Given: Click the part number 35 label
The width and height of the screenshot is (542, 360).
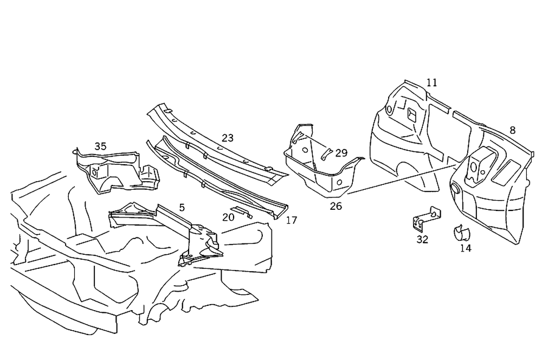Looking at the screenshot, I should [100, 146].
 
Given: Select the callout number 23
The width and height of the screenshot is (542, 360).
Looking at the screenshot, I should [228, 138].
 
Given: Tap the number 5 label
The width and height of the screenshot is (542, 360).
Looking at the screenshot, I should [182, 207].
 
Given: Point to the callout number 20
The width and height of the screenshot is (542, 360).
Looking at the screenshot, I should [228, 217].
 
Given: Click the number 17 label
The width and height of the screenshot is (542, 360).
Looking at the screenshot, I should [292, 220].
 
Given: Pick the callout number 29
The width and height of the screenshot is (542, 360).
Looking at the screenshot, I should [341, 153].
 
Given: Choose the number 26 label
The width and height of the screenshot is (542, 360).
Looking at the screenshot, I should [336, 206].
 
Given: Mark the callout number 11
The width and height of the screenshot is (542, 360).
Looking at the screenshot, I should [431, 82].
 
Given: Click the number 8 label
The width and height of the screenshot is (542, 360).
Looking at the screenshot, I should [512, 130].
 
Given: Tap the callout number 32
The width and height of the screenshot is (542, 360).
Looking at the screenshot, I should [422, 239].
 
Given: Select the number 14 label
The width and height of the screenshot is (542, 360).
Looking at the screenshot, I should [466, 248].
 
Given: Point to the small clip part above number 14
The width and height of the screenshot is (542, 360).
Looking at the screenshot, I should [461, 232].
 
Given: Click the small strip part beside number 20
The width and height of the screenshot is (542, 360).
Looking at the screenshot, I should [242, 211].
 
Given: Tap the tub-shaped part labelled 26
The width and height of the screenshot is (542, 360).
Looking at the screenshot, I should [320, 168].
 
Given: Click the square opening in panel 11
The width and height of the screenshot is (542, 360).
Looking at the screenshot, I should [411, 114].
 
